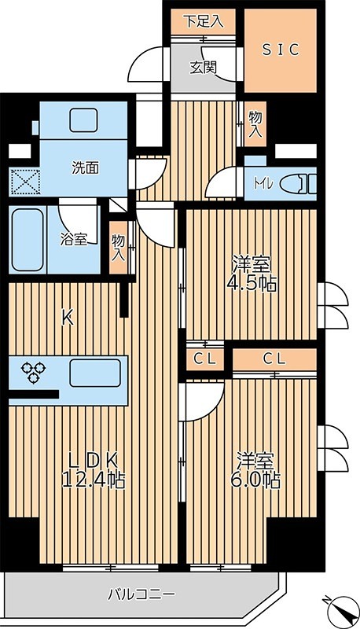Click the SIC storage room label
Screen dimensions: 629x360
[x=281, y=49]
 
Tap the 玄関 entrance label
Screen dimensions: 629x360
[x=203, y=67]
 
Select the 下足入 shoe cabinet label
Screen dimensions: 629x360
[x=204, y=21]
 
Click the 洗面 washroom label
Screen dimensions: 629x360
[x=86, y=167]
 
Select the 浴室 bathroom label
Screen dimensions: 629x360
[x=75, y=240]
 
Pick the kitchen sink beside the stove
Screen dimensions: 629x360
[x=94, y=372]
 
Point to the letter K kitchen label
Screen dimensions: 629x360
[x=68, y=318]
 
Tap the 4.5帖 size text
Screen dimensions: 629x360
[x=252, y=284]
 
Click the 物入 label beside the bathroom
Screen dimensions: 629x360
[x=119, y=247]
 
